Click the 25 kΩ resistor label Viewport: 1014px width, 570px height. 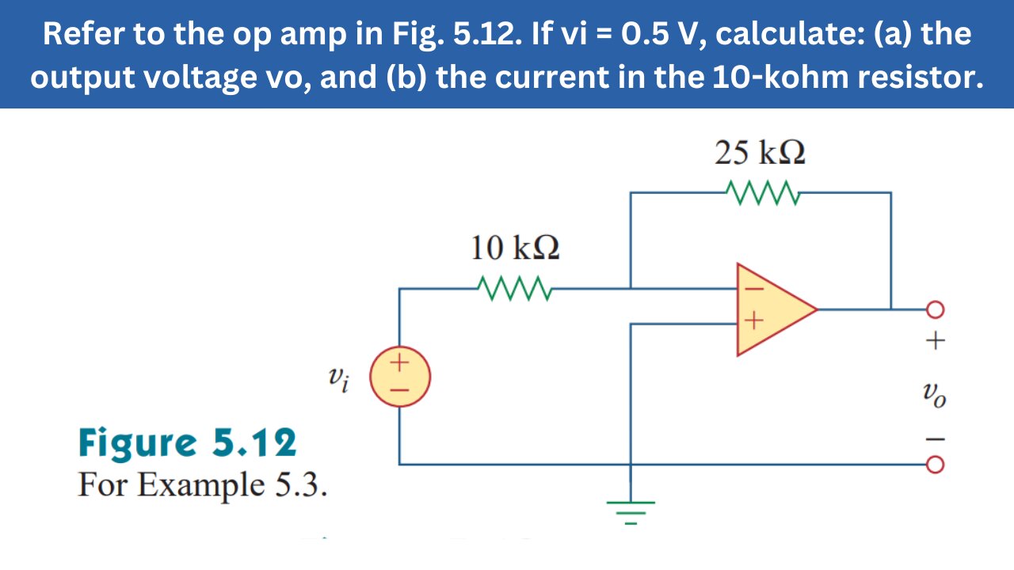760,153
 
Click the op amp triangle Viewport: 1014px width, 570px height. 772,309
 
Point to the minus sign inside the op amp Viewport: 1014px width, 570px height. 753,290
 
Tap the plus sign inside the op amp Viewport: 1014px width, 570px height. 753,321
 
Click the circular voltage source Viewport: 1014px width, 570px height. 401,376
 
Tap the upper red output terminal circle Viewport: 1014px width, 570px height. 936,309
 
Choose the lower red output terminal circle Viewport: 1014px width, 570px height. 936,465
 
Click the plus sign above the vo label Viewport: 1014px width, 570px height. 936,342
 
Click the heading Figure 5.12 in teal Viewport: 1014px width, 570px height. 188,443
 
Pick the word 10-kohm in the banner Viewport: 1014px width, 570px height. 805,79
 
